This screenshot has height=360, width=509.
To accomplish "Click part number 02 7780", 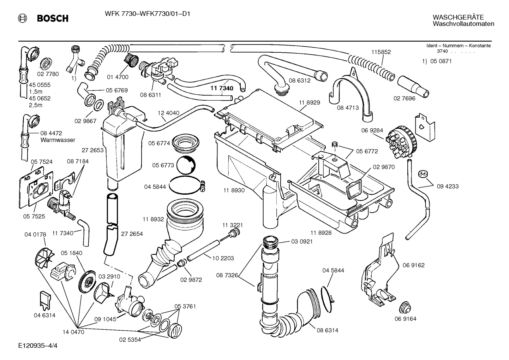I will click(x=48, y=74).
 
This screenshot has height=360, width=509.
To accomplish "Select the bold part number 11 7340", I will click(x=222, y=88).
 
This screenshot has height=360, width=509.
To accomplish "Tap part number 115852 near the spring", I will click(x=381, y=52).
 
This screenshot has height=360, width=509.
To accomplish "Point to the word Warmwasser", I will click(x=58, y=140).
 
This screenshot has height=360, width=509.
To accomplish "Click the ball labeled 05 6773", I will click(x=185, y=165).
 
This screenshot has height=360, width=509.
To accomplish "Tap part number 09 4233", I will click(x=447, y=186).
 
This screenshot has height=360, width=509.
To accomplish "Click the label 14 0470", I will click(x=73, y=332).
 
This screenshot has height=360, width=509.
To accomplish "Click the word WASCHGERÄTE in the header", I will click(x=453, y=17).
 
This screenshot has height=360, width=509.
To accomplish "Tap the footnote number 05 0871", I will click(x=441, y=61).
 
